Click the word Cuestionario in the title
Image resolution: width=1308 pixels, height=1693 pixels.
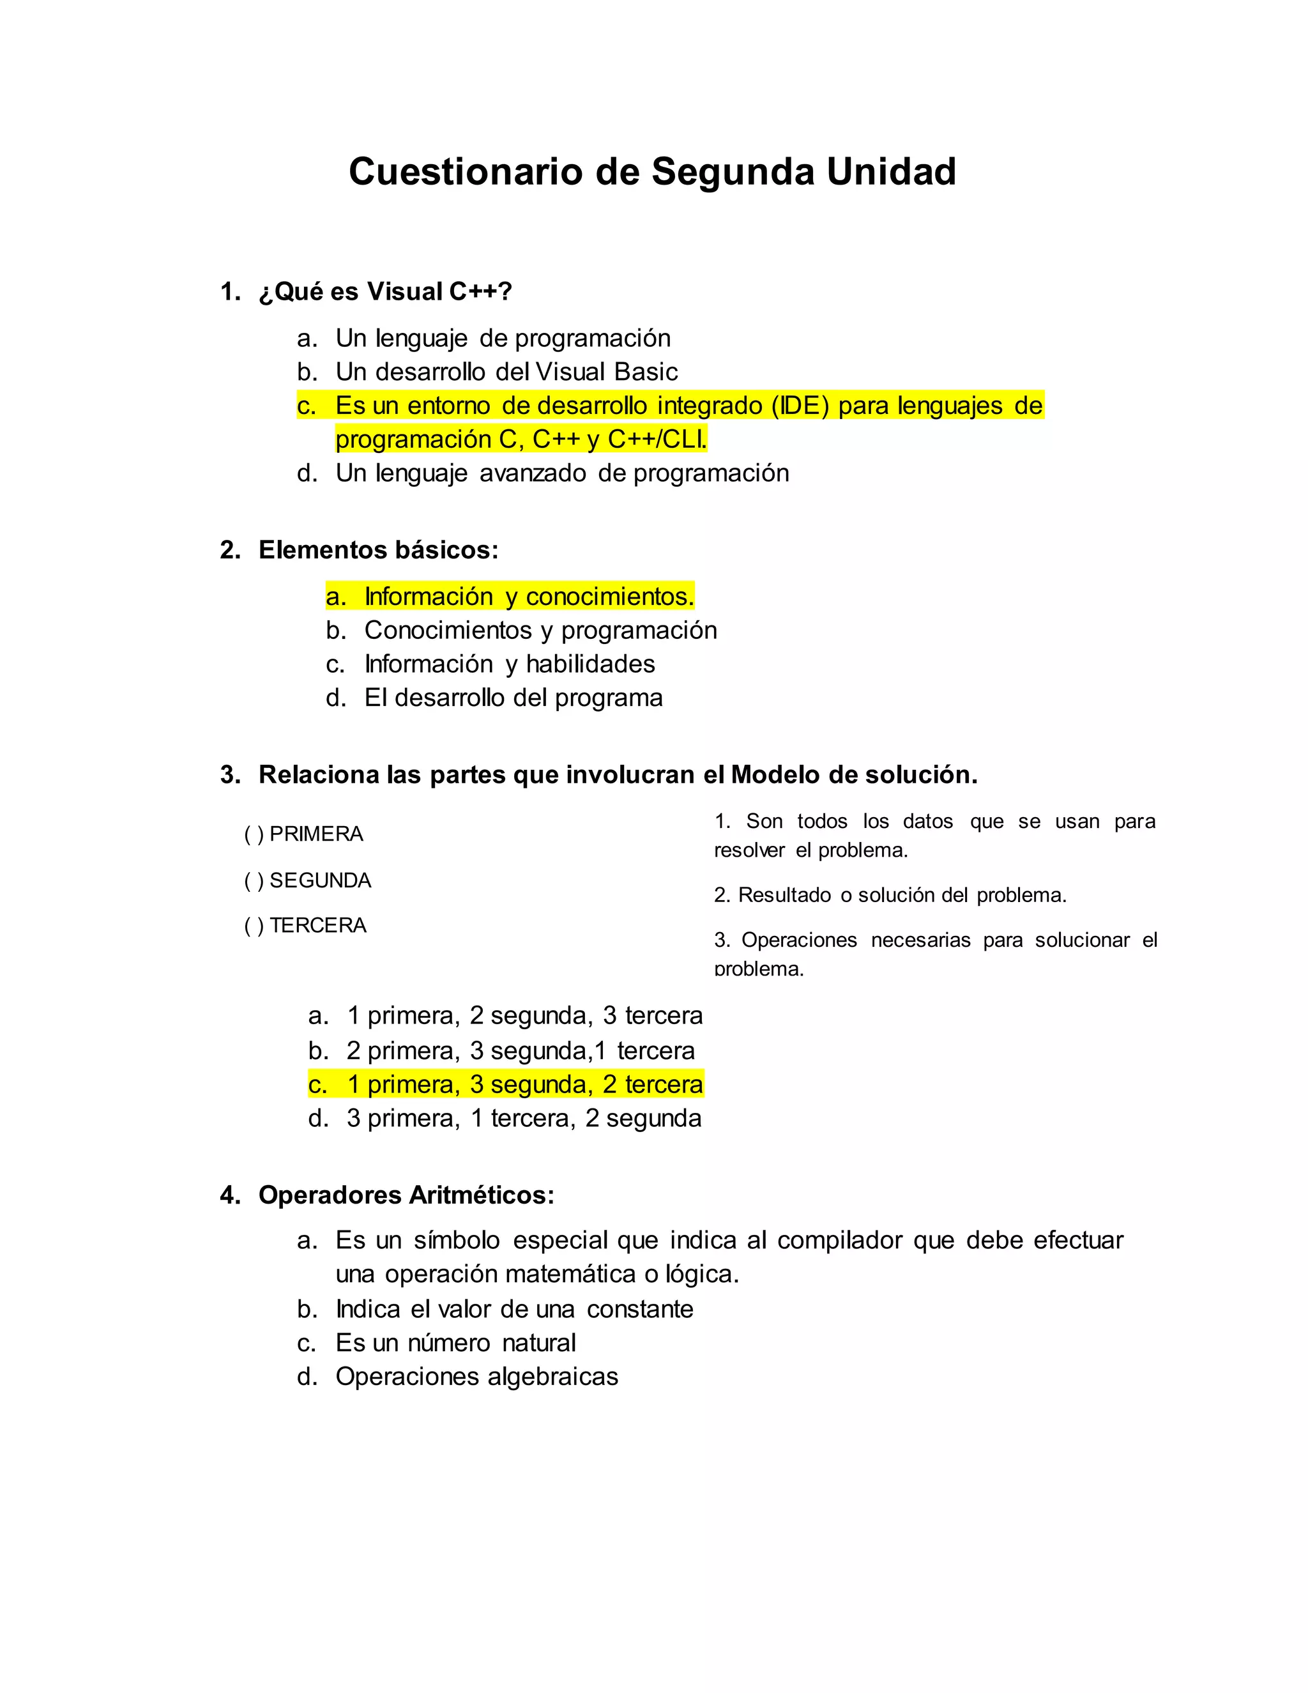465,171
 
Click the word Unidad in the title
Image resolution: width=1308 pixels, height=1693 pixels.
891,171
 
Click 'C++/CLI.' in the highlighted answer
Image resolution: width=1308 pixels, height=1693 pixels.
657,440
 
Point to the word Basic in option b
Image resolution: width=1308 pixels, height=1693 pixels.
646,372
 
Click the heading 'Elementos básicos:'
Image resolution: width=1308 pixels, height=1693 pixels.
378,549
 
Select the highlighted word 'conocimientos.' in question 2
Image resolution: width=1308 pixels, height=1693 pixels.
610,596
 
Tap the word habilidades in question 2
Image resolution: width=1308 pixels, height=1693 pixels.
591,664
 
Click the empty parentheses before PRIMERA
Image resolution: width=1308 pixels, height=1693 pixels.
254,834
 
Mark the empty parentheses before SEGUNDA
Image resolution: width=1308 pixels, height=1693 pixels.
254,880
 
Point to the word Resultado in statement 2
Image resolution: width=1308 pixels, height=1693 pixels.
784,895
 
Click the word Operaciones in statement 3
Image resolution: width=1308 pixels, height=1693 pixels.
799,940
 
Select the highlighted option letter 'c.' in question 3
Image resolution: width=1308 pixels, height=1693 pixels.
317,1085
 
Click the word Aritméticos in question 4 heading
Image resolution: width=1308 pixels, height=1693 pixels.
481,1195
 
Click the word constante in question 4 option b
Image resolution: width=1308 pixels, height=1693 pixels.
640,1308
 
